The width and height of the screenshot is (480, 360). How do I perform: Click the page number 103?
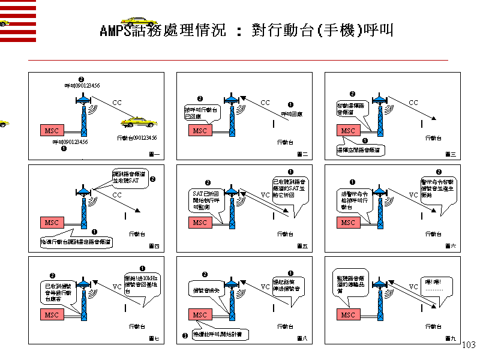[469, 345]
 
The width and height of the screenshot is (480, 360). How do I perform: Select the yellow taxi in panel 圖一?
[138, 122]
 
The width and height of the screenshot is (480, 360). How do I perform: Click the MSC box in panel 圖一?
[51, 130]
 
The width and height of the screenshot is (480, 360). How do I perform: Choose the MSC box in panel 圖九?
[348, 314]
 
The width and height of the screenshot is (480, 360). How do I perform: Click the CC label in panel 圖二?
[265, 103]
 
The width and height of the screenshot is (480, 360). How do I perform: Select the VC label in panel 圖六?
[413, 195]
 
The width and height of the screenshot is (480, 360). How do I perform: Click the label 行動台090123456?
[137, 138]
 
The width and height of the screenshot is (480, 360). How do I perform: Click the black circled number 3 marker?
[185, 335]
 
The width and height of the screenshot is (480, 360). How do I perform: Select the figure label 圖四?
[154, 247]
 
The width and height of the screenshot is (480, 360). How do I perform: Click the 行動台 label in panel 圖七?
[137, 326]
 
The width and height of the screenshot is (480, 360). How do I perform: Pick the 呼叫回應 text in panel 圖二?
[291, 113]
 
